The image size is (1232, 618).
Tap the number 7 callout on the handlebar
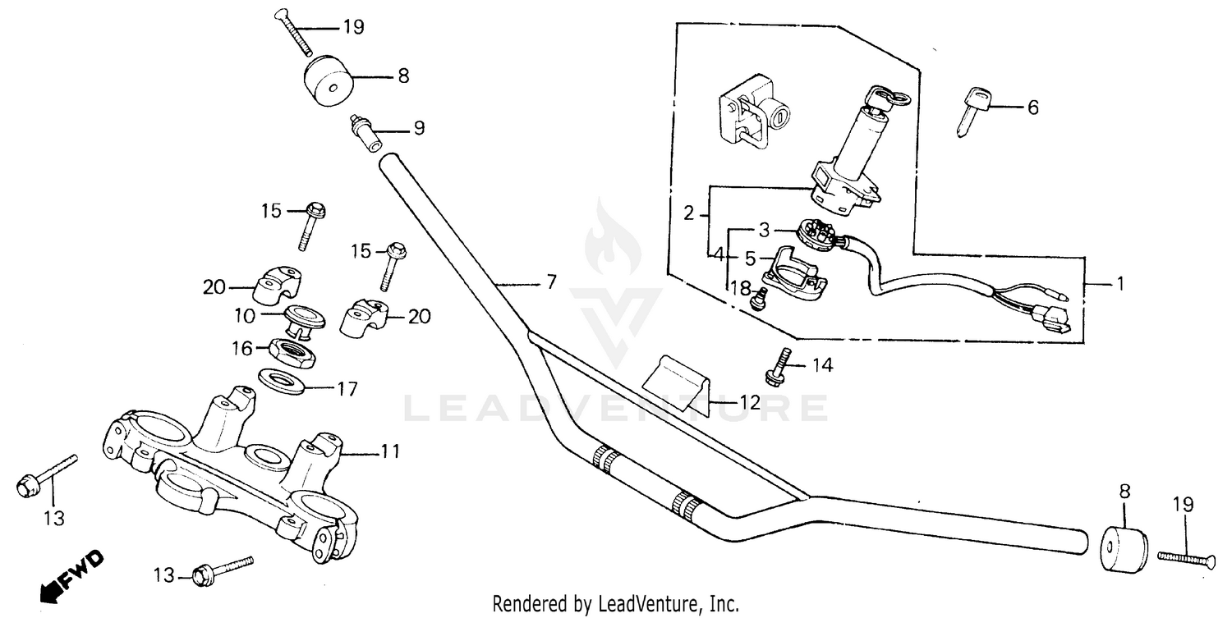point(551,282)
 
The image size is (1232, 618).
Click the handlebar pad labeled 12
point(678,378)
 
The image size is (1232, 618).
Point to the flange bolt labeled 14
point(778,367)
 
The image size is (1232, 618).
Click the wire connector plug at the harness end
point(1053,320)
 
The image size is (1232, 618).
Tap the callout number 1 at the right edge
point(1119,285)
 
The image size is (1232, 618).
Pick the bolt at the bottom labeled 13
point(222,570)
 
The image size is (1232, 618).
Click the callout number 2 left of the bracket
point(690,214)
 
